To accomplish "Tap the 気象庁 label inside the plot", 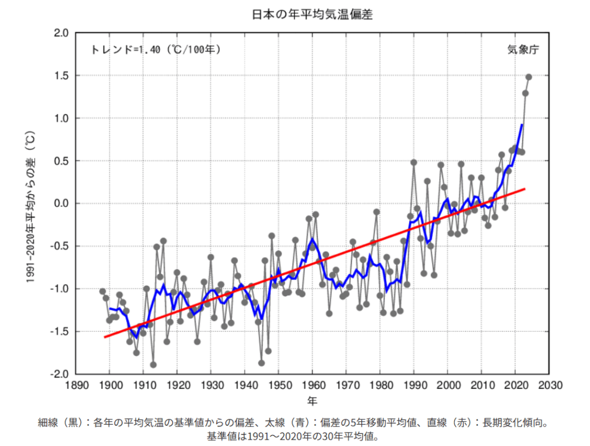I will [523, 50].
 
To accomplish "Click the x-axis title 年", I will [312, 399].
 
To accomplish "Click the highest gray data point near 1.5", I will [528, 77].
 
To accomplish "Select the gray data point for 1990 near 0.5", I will [414, 162].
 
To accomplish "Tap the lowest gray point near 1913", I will [153, 365].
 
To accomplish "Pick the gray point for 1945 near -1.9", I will [262, 363].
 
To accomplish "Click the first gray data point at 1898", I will [103, 291].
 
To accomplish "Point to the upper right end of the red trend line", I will [525, 188].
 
